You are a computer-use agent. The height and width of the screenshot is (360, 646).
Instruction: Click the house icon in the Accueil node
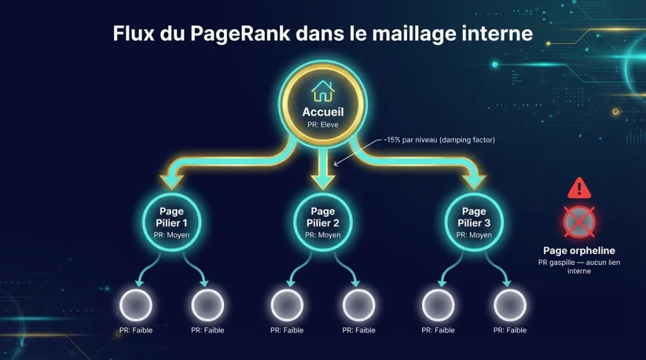point(323,92)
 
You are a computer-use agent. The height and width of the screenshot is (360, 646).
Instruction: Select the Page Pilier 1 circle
point(172,221)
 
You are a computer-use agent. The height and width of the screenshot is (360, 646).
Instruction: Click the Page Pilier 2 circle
point(323,221)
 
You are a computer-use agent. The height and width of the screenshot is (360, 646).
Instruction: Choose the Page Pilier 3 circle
point(474,221)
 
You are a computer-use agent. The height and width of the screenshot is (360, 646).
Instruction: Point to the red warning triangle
point(578,188)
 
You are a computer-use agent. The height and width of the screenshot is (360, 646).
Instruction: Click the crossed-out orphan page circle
point(578,222)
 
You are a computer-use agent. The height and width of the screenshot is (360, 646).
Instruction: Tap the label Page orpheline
point(578,250)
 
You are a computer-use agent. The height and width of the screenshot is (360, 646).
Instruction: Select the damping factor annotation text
point(440,140)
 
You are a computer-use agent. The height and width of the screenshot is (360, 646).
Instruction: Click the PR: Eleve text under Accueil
point(323,125)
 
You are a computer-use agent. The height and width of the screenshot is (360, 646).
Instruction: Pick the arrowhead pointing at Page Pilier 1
point(172,182)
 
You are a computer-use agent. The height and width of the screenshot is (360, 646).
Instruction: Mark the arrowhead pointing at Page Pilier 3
point(474,182)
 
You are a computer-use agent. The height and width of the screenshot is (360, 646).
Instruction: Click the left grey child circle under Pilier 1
point(136,305)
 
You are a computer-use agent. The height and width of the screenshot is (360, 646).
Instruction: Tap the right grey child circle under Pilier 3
point(510,305)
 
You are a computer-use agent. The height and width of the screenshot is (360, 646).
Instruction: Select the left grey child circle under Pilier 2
point(287,305)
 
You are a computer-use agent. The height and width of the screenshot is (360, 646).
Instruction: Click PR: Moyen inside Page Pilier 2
point(323,235)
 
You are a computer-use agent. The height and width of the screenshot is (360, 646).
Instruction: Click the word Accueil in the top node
point(323,112)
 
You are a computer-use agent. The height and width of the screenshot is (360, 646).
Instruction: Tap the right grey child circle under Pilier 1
point(208,305)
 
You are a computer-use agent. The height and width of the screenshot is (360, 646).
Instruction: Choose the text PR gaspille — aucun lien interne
point(578,266)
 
